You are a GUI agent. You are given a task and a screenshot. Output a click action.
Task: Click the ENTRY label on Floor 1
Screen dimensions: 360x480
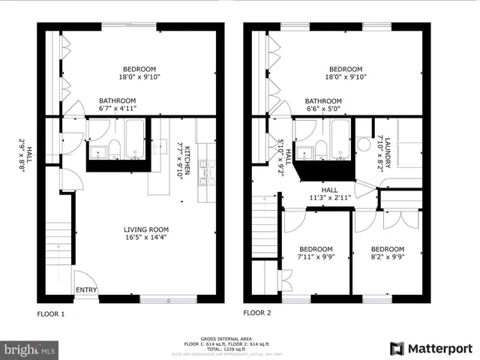[x=86, y=289]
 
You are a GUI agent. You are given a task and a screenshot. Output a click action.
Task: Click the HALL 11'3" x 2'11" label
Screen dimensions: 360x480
[x=331, y=194]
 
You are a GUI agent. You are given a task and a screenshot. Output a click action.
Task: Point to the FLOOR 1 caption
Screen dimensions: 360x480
[x=52, y=314]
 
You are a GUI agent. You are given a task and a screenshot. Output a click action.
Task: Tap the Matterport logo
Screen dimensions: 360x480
[x=431, y=348]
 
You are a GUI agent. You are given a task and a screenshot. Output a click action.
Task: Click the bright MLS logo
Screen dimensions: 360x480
[x=30, y=349]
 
